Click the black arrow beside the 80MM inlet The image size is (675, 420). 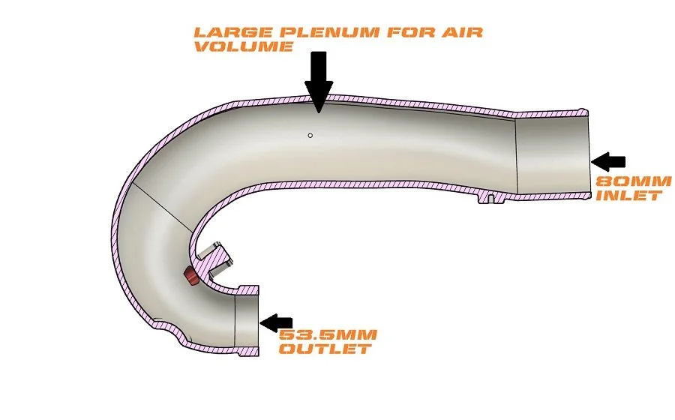coord(609,160)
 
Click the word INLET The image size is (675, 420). coord(628,195)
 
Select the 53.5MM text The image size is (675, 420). coord(328,335)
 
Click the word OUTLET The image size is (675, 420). coord(325,349)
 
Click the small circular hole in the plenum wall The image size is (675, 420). coord(310,136)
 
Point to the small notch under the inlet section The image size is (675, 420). coord(489,198)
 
